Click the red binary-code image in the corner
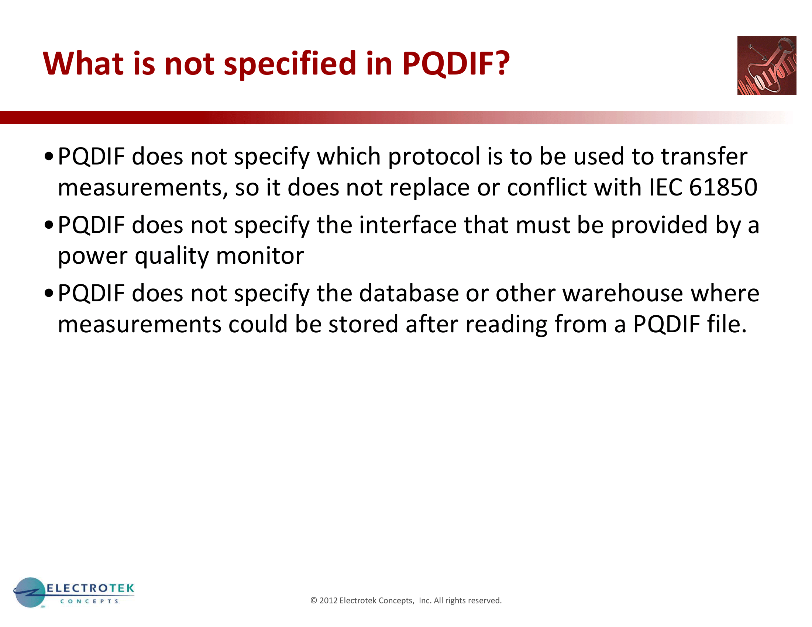click(767, 66)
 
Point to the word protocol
click(434, 157)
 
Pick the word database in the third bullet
click(409, 293)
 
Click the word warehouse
click(623, 293)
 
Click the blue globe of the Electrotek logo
click(30, 592)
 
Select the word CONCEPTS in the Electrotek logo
click(89, 601)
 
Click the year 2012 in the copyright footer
click(328, 600)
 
